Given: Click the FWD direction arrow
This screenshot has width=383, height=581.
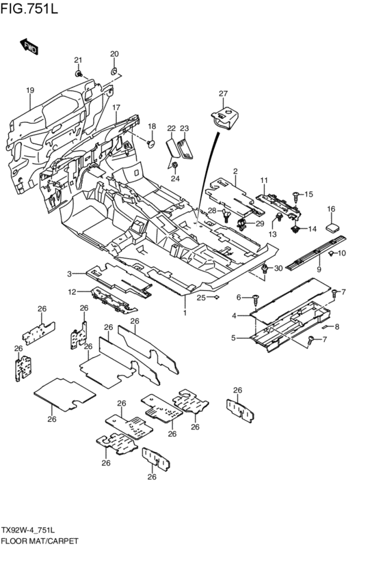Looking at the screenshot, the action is pos(29,46).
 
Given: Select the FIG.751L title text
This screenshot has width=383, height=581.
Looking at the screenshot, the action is pos(29,8).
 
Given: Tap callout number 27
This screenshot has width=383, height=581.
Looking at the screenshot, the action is pos(223,94).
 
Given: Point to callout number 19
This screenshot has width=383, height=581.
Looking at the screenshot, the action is pos(30,90).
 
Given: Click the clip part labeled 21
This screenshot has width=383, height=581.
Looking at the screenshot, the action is pos(79,74).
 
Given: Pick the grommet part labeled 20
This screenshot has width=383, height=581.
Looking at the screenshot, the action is pos(115,70).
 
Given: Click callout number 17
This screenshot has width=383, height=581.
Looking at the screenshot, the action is pos(116,107).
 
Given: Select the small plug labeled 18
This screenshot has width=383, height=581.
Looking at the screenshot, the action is pos(151,143).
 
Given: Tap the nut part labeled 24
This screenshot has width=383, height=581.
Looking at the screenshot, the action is pos(175,165).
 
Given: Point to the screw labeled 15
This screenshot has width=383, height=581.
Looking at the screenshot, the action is pos(296,197).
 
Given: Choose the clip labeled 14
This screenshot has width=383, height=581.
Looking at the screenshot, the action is pos(295,229).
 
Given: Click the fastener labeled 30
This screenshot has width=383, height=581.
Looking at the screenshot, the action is pos(265,270).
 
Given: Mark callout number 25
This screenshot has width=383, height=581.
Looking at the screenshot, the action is pos(201,298).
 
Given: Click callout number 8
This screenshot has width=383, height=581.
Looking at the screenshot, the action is pos(337,327).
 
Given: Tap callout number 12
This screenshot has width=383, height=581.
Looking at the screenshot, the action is pos(72,292).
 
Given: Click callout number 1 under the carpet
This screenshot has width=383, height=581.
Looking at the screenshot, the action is pos(185,313).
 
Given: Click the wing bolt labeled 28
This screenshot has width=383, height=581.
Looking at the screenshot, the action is pos(226,215).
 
